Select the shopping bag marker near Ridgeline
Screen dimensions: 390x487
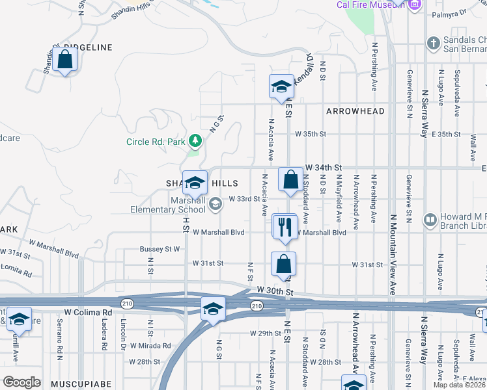point(65,60)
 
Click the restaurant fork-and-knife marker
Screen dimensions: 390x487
point(284,227)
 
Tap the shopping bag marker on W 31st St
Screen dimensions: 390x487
point(283,264)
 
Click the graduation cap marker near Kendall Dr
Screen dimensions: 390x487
point(281,87)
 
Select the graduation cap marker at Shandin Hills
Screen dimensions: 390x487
point(195,183)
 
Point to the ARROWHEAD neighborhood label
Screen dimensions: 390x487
point(355,111)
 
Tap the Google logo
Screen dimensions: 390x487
point(21,382)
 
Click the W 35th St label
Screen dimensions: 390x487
point(309,134)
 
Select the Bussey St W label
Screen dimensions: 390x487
point(160,248)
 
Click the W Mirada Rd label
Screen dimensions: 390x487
point(150,346)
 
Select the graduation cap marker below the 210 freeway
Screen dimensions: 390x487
point(212,309)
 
